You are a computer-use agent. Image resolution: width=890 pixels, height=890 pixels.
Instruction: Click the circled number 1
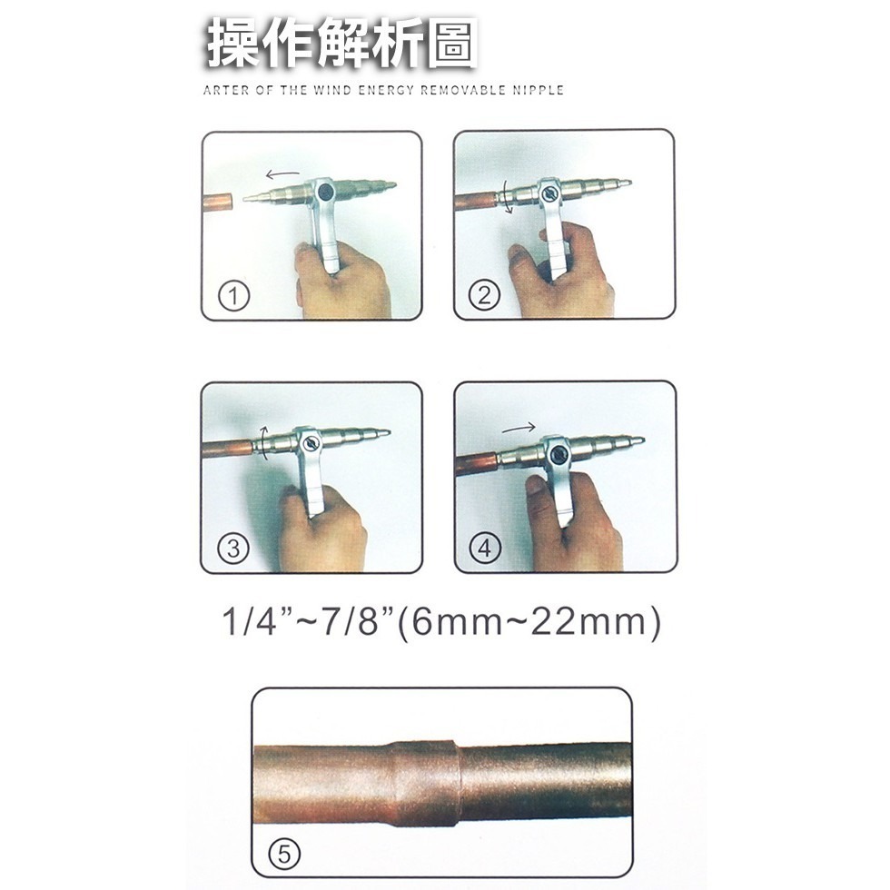[x=234, y=297]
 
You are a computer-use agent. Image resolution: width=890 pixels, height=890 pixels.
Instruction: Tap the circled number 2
[x=485, y=295]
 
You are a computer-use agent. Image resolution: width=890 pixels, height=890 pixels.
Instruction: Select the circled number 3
[x=234, y=549]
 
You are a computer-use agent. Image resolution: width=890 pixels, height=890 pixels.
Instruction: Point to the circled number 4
[x=485, y=549]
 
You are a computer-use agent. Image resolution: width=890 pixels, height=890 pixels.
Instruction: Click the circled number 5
[x=284, y=854]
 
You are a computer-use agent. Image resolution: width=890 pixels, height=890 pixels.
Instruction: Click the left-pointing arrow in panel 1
[x=282, y=172]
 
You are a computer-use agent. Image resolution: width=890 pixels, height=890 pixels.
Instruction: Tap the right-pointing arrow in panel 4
[x=518, y=427]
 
